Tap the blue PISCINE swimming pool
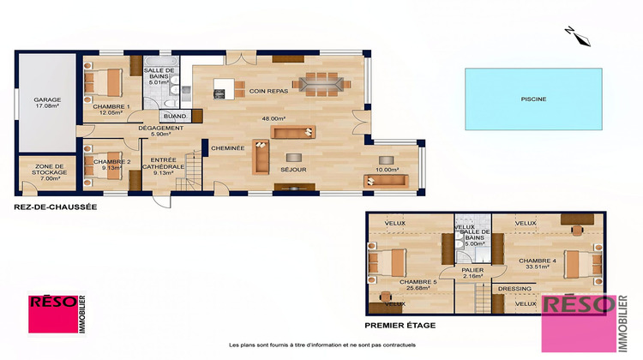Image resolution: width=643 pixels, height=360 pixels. [532, 99]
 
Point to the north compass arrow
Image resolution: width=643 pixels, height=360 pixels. [576, 35]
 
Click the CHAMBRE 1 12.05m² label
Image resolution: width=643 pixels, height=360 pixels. [111, 108]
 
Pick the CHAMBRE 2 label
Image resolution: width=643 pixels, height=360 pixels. [111, 164]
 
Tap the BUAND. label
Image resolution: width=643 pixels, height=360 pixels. [175, 116]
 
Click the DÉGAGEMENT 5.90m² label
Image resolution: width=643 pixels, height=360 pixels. [161, 131]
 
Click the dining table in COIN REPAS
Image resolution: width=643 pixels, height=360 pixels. [321, 84]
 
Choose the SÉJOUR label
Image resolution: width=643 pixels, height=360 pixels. [294, 170]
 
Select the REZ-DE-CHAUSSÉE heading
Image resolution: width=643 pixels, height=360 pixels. [55, 207]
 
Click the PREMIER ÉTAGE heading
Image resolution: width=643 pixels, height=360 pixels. [400, 326]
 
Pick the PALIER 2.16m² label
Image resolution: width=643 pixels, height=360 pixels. [471, 273]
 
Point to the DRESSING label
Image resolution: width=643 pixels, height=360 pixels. [514, 289]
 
